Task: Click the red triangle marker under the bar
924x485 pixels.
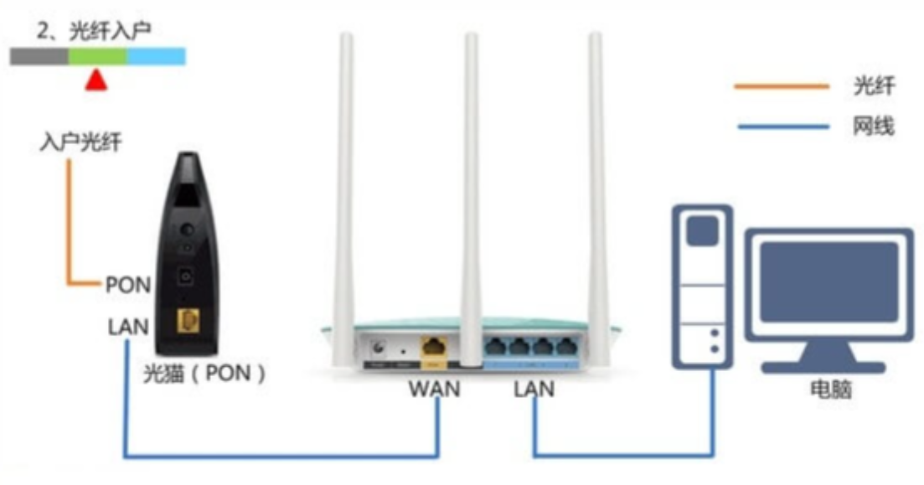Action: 96,81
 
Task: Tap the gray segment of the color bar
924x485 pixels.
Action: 39,57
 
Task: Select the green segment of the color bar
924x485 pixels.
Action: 98,57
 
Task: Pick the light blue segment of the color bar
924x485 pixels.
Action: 156,57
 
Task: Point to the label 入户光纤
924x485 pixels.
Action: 80,142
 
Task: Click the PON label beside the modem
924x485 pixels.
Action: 128,286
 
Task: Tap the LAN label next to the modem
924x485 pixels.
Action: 128,327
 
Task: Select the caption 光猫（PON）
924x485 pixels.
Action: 204,373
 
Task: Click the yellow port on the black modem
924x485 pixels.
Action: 188,322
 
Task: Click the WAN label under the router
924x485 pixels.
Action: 434,389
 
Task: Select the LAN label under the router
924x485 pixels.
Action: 534,389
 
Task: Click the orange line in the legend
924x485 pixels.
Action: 782,86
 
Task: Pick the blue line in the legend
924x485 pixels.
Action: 784,126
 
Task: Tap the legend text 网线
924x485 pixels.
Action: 874,126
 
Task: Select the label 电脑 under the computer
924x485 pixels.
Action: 831,389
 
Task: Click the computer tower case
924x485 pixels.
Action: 703,286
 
